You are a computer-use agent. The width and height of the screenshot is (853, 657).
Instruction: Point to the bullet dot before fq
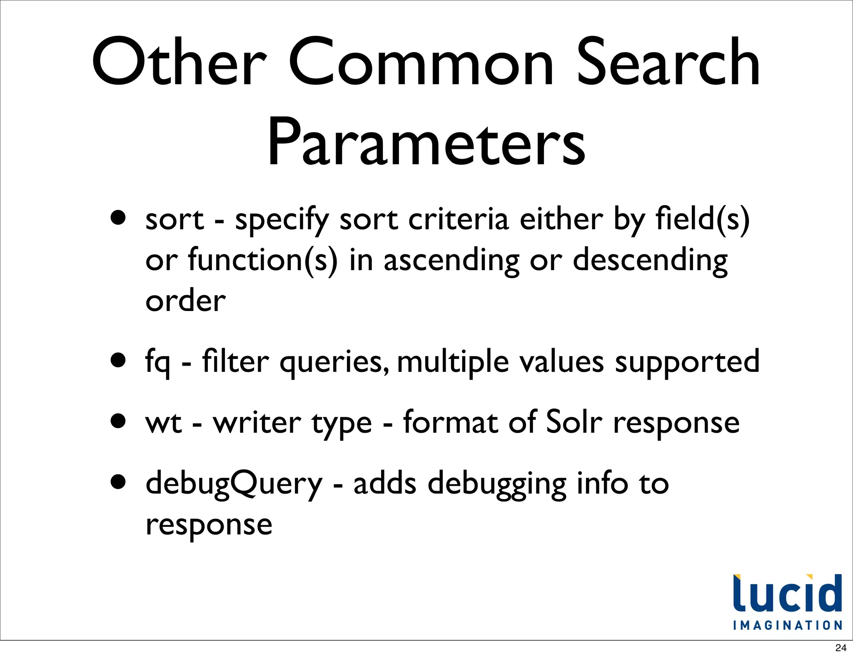click(119, 360)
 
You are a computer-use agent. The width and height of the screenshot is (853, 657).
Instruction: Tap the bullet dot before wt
click(119, 421)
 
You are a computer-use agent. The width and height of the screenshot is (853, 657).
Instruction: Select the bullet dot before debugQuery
click(119, 482)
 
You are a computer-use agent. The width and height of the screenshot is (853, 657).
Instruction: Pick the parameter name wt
click(164, 423)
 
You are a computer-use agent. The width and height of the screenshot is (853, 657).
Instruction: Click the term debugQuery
click(234, 484)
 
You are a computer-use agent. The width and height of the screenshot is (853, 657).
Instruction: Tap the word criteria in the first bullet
click(458, 219)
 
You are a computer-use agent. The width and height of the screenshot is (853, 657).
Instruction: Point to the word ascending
click(451, 261)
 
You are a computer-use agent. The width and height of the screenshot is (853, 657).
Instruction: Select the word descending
click(650, 261)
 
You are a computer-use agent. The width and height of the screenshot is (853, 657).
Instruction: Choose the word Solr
click(574, 422)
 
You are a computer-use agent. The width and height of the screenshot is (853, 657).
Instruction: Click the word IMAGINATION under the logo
click(787, 625)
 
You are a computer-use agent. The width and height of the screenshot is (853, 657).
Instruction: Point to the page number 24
click(841, 648)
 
